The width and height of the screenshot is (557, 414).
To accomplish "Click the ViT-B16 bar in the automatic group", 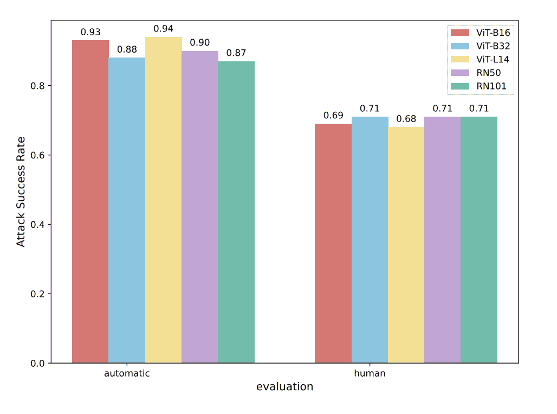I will click(90, 201).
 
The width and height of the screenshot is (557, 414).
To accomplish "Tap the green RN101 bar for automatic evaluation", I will click(236, 212).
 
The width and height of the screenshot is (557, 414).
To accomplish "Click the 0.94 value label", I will click(163, 29).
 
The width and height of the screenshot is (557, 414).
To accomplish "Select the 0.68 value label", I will click(406, 119).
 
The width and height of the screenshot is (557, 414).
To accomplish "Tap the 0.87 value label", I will click(236, 53).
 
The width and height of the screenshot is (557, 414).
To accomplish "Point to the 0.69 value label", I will click(333, 116).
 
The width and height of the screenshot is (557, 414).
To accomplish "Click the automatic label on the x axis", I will click(127, 374).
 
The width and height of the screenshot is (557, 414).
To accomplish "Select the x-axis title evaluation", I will click(284, 387).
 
